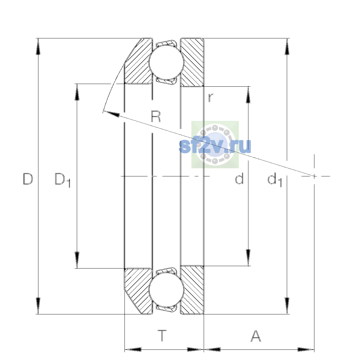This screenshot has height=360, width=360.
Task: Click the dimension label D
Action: (x=28, y=179)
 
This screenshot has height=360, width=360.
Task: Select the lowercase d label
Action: (x=239, y=178)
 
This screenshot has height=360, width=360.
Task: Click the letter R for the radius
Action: (x=156, y=116)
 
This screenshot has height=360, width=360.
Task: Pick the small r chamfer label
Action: (x=211, y=98)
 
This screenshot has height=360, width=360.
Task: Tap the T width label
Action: (x=162, y=336)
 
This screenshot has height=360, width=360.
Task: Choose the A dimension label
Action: (x=256, y=336)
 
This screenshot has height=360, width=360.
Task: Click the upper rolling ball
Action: (x=166, y=62)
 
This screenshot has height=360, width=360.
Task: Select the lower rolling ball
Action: (x=166, y=289)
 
